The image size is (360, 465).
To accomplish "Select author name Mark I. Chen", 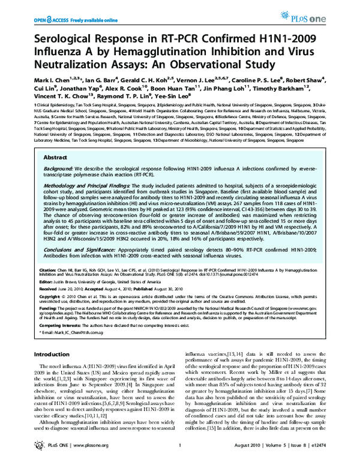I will (50, 79).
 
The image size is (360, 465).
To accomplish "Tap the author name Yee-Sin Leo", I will (173, 96).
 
